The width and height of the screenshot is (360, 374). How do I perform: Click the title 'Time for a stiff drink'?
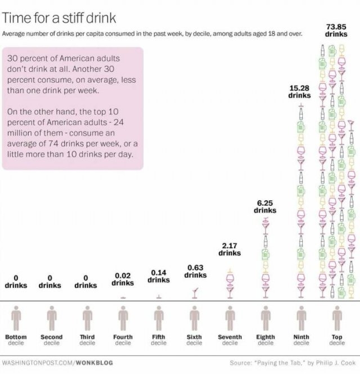[x=59, y=17]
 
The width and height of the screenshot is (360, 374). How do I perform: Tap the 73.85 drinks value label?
[x=336, y=30]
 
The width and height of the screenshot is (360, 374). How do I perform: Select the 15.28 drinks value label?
[x=299, y=92]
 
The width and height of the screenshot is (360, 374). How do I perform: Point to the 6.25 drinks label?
[x=265, y=206]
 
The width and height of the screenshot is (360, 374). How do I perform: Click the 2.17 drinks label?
[x=229, y=249]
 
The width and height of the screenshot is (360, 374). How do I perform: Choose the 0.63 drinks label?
[x=195, y=271]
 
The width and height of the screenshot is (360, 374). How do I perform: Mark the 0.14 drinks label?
[x=159, y=276]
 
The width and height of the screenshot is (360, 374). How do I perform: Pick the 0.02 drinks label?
[x=123, y=279]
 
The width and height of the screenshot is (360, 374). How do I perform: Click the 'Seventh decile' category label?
[x=229, y=340]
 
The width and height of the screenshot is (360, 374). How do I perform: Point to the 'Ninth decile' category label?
[x=301, y=340]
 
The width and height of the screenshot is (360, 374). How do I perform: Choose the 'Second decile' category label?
[x=51, y=340]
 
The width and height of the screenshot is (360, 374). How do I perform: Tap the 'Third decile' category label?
[x=87, y=340]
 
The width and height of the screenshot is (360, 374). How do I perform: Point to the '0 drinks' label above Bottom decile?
[x=16, y=281]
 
